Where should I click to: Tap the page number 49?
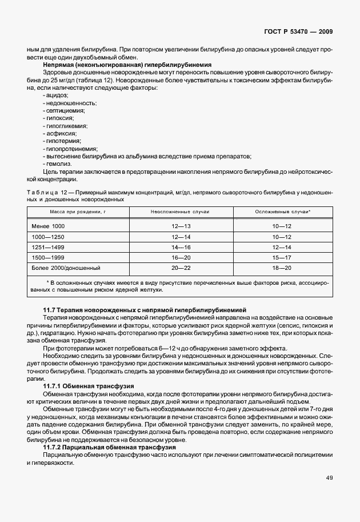[x=329, y=478]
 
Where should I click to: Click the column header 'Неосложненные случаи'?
[x=180, y=212]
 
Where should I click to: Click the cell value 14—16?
[x=181, y=247]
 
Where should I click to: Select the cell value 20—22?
[x=181, y=267]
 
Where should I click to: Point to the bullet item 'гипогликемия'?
[x=65, y=125]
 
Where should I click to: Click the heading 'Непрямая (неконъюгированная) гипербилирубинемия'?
[x=119, y=65]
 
